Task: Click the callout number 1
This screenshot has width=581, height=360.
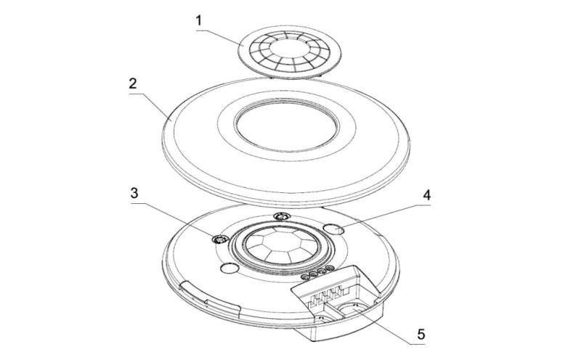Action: click(x=199, y=21)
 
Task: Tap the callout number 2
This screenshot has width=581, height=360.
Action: click(x=133, y=83)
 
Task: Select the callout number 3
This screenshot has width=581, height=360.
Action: click(x=134, y=193)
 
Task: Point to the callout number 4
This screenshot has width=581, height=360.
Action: click(x=427, y=195)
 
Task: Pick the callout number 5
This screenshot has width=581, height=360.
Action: click(x=421, y=335)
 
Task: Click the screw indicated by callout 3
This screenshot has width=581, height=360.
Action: click(x=219, y=240)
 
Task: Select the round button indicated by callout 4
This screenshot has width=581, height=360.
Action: click(x=334, y=229)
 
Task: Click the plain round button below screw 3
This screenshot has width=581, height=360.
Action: click(x=229, y=268)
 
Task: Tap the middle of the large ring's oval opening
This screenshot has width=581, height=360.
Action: click(x=287, y=125)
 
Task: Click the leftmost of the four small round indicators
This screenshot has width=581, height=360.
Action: click(x=306, y=277)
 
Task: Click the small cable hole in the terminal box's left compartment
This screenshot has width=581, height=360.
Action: click(x=321, y=318)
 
